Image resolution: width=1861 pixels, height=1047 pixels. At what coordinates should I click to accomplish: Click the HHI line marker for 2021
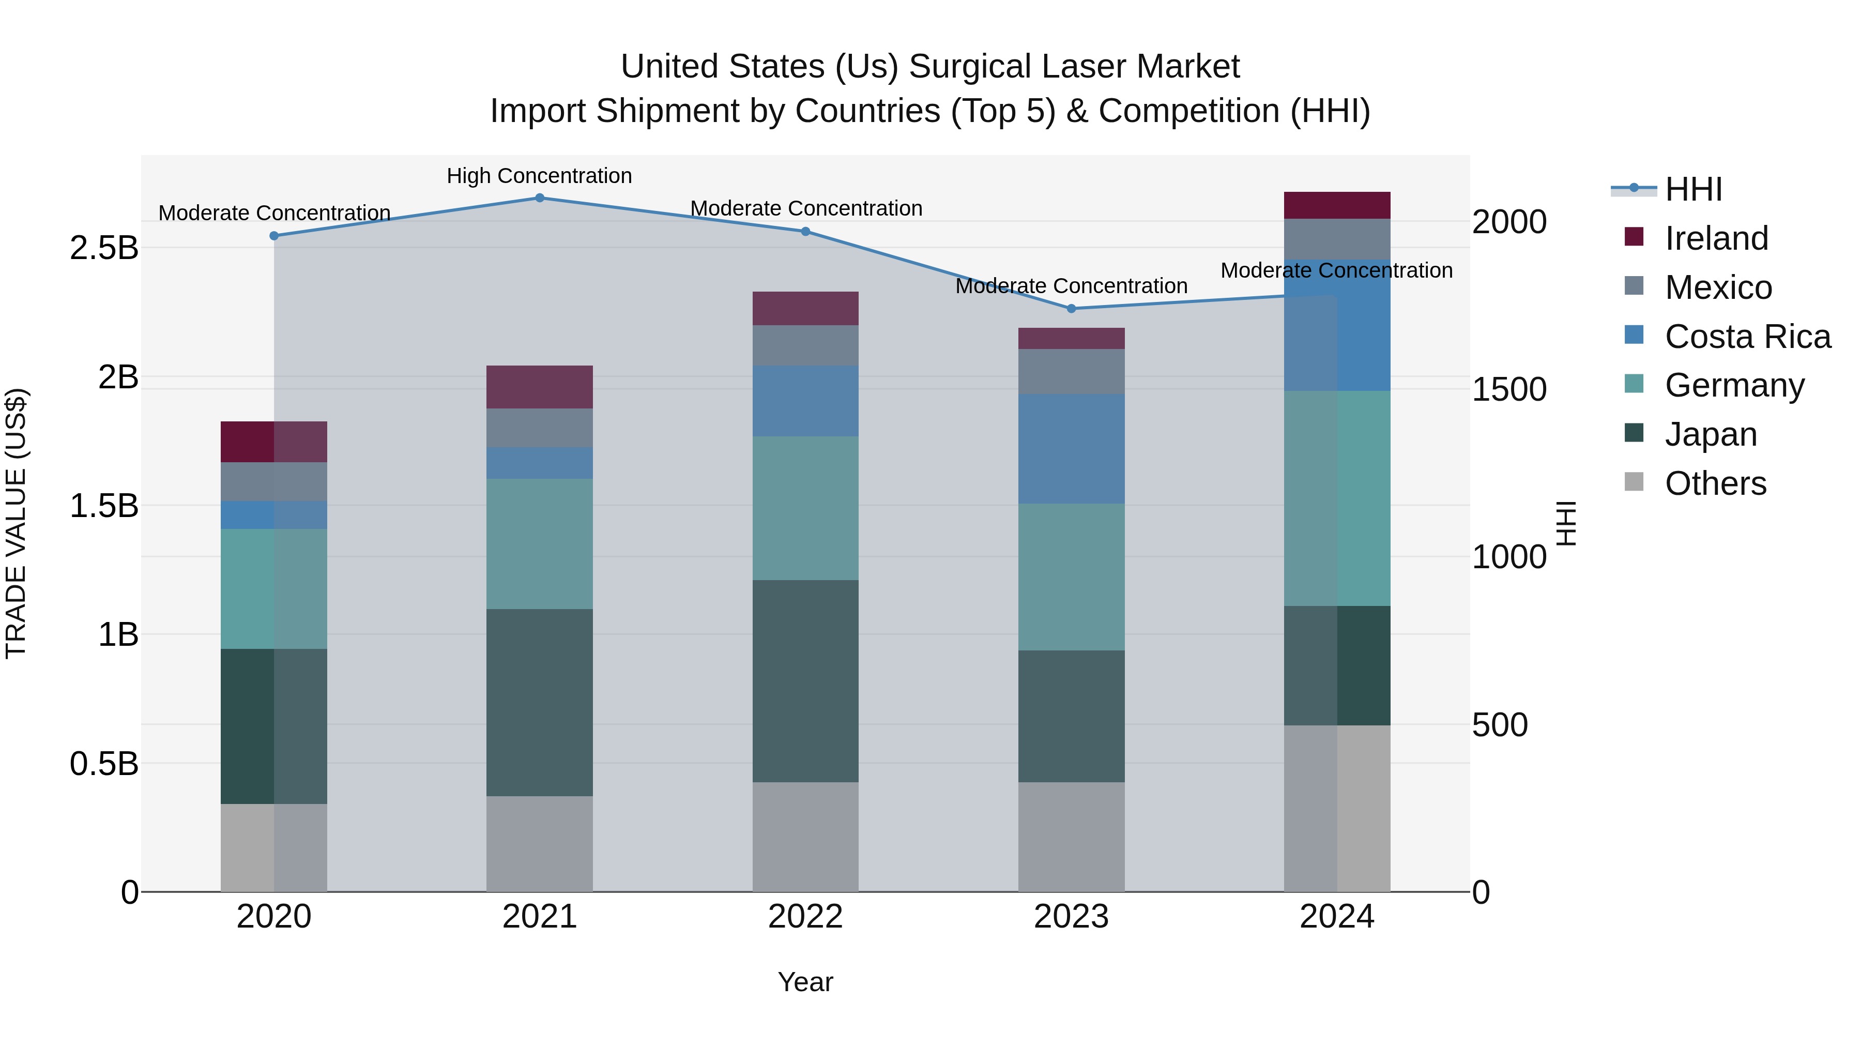click(540, 198)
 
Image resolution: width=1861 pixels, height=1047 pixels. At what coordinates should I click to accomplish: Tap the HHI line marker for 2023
click(1072, 309)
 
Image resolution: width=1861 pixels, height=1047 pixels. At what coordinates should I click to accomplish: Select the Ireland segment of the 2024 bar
click(1337, 205)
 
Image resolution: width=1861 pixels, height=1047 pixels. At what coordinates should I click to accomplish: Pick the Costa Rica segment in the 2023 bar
click(1072, 449)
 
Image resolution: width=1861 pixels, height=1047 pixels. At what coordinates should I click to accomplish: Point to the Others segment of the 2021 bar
click(540, 844)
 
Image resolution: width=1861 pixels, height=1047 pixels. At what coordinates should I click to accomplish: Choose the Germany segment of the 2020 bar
click(274, 589)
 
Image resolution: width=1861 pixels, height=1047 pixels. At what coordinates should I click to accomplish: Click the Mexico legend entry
click(1718, 287)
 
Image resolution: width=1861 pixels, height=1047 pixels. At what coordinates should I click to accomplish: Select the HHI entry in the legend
click(1692, 189)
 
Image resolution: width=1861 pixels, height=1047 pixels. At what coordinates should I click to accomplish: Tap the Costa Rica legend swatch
click(1634, 335)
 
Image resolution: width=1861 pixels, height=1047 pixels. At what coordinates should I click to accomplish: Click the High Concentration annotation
click(539, 176)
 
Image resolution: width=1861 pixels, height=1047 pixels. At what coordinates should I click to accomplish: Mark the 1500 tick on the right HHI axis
click(1509, 389)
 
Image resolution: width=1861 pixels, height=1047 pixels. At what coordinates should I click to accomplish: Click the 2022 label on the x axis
click(805, 917)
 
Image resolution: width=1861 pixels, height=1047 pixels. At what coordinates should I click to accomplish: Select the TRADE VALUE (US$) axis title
click(16, 523)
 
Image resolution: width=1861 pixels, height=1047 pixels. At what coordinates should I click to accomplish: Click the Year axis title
click(805, 982)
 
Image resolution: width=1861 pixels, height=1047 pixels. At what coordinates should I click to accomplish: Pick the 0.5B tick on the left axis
click(104, 764)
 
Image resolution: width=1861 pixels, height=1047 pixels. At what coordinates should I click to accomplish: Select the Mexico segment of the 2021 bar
click(540, 428)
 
